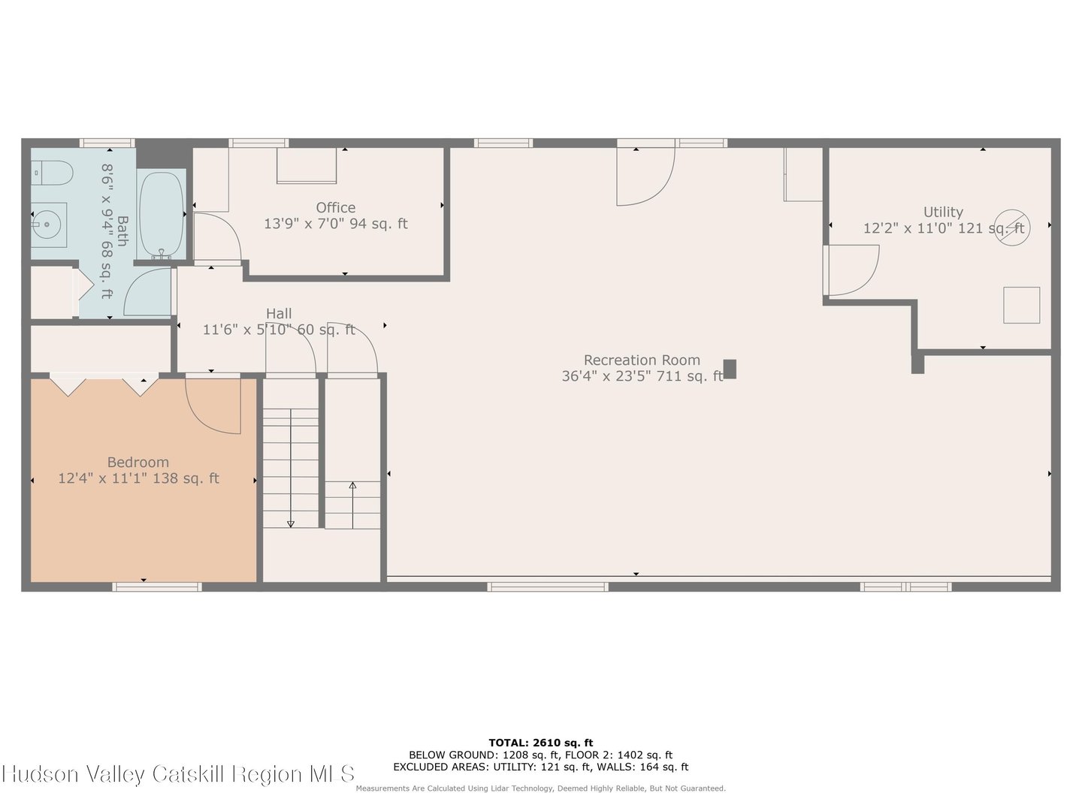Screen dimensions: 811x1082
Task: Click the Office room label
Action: tap(335, 208)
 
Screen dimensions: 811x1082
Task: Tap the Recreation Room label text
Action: tap(642, 360)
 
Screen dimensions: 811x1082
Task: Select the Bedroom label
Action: tap(138, 463)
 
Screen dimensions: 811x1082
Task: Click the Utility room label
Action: tap(943, 213)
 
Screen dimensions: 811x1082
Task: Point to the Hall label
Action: tap(279, 314)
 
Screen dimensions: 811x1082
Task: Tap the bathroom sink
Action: tap(49, 223)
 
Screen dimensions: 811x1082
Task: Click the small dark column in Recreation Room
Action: tap(730, 369)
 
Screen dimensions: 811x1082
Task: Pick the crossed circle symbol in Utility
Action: tap(1012, 228)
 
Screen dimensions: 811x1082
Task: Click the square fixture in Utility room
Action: tap(1022, 305)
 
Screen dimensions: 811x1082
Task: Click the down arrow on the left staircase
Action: tap(291, 523)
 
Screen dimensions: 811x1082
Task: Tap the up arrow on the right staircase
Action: tap(352, 487)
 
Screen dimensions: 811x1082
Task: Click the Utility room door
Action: tap(853, 270)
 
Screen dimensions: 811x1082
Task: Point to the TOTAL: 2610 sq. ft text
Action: tap(540, 743)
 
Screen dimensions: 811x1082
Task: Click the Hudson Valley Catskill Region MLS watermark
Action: tap(178, 774)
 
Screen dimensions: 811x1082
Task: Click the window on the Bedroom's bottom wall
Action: tap(157, 586)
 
